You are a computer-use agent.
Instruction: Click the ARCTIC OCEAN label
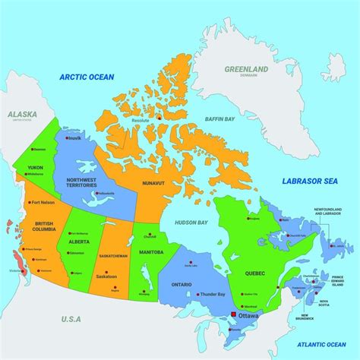point(87,77)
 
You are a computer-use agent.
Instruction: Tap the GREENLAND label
point(246,70)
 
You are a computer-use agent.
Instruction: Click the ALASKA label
point(22,114)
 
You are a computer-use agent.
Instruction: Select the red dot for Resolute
point(160,117)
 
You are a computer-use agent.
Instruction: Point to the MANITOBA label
point(151,251)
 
